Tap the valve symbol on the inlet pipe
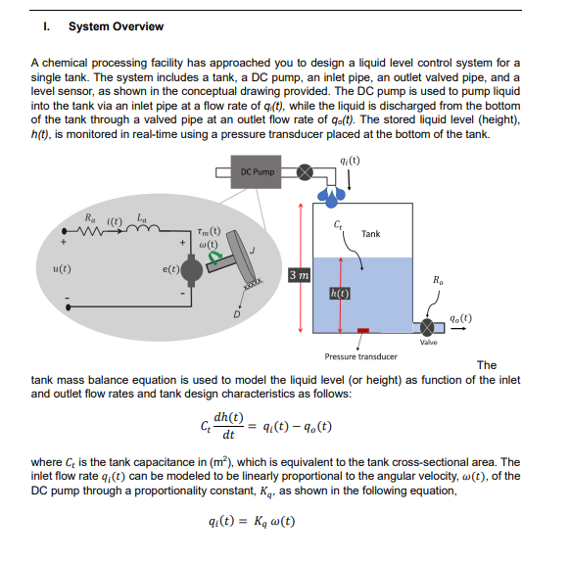tap(307, 173)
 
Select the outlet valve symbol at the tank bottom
tap(429, 324)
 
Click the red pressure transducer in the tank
tap(362, 331)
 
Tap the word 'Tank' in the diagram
tap(370, 234)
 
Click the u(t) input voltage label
tap(61, 265)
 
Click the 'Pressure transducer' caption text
tap(361, 356)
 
